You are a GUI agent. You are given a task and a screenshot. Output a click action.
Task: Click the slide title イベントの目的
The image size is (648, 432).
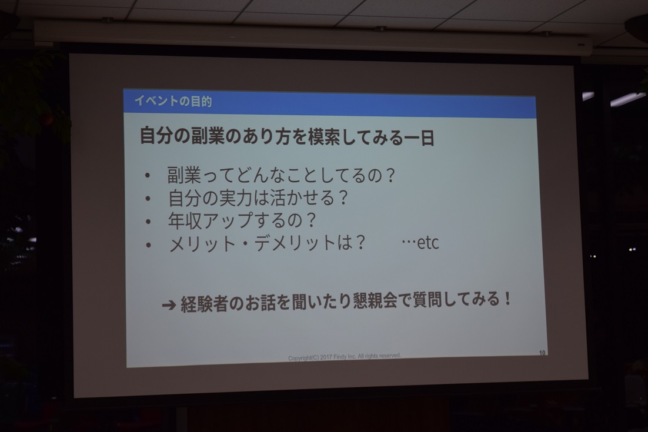[173, 101]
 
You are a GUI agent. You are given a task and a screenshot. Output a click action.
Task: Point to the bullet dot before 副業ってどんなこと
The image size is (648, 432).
[148, 176]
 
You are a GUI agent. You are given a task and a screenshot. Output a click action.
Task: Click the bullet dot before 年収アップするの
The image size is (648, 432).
[148, 222]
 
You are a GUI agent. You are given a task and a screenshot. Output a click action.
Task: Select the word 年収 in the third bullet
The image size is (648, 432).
[185, 220]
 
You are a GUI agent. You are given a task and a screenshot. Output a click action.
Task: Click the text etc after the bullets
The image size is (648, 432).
[427, 243]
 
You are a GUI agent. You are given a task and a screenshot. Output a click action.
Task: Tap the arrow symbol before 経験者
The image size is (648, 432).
[169, 305]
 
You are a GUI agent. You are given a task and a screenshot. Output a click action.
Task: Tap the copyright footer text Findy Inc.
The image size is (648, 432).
[345, 357]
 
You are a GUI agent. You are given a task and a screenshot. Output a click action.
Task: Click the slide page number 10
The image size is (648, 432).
[542, 353]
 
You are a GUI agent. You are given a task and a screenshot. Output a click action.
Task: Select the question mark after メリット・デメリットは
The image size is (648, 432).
[360, 243]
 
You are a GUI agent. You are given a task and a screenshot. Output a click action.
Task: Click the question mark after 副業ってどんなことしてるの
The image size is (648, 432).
[390, 176]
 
